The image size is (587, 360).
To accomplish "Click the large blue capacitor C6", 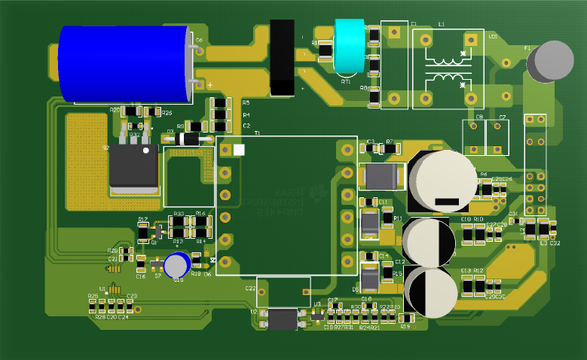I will pos(124,64).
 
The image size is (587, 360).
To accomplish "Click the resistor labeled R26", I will pos(147,112).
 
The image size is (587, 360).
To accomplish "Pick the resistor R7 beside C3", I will pos(389,148).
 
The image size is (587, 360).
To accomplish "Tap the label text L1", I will pos(442,25).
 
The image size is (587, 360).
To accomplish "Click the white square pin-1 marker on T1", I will pos(240,150).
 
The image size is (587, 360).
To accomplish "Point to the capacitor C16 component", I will pos(141,264).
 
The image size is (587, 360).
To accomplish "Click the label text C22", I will pos(250,288).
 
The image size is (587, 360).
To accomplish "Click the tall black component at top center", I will pos(282,57).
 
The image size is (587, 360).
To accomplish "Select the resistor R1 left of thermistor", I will pos(326,50).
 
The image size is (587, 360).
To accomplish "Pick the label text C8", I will pos(479,117).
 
